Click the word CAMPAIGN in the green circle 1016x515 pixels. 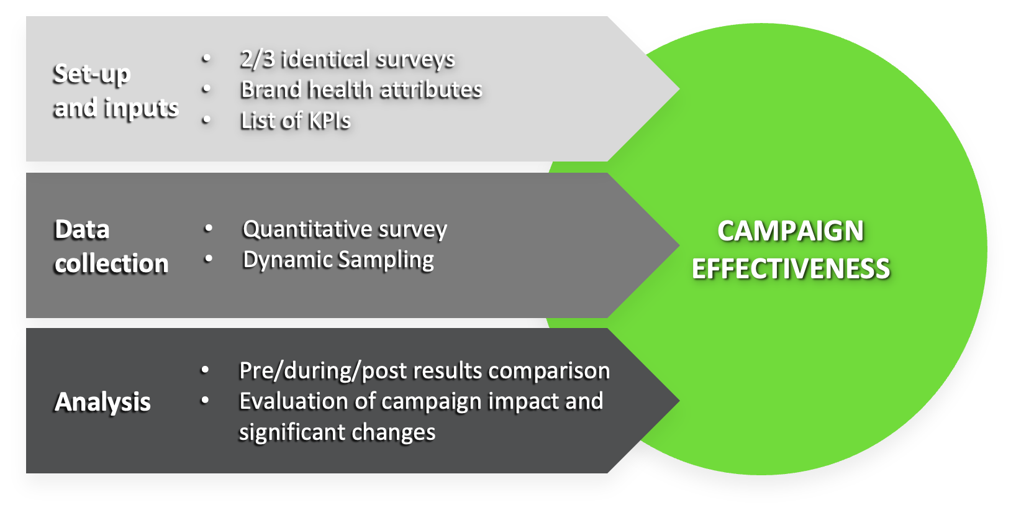click(x=791, y=231)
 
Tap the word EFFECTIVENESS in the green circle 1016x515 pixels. click(x=791, y=270)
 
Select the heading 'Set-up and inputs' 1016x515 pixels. click(x=116, y=91)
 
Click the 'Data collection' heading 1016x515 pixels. click(x=111, y=247)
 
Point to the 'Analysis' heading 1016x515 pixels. click(x=102, y=402)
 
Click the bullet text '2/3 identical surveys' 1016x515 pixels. click(x=347, y=59)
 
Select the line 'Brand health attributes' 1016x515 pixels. click(x=361, y=90)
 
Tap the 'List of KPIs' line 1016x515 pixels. click(x=295, y=121)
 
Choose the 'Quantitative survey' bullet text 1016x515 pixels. click(x=345, y=229)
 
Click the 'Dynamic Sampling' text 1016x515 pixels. click(x=338, y=260)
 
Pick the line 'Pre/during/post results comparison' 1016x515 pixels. click(x=424, y=371)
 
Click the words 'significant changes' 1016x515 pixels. click(x=337, y=432)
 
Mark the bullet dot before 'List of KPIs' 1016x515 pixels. click(x=206, y=120)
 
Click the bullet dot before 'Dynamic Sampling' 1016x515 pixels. click(x=209, y=259)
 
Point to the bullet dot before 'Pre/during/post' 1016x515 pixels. click(x=205, y=370)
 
